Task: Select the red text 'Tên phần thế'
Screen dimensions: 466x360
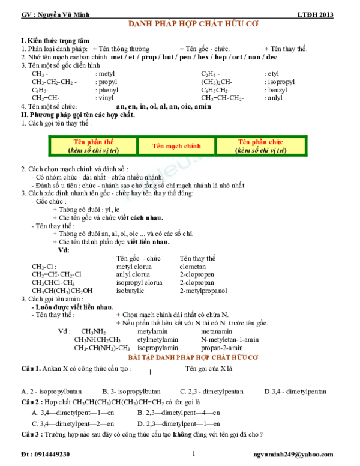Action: pyautogui.click(x=94, y=142)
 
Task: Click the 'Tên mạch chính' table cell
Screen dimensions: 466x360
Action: pyautogui.click(x=176, y=146)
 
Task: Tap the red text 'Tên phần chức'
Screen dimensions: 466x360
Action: pyautogui.click(x=260, y=142)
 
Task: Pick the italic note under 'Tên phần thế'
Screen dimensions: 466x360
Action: pyautogui.click(x=94, y=150)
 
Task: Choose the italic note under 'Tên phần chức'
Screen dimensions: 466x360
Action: pyautogui.click(x=260, y=150)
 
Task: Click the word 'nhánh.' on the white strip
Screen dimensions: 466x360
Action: pyautogui.click(x=154, y=178)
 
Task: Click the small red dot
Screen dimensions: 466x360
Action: pyautogui.click(x=112, y=309)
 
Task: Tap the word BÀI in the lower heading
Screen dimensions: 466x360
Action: pyautogui.click(x=133, y=357)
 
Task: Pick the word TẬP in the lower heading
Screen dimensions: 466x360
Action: pyautogui.click(x=146, y=357)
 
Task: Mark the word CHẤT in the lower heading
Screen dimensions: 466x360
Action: pyautogui.click(x=218, y=357)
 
